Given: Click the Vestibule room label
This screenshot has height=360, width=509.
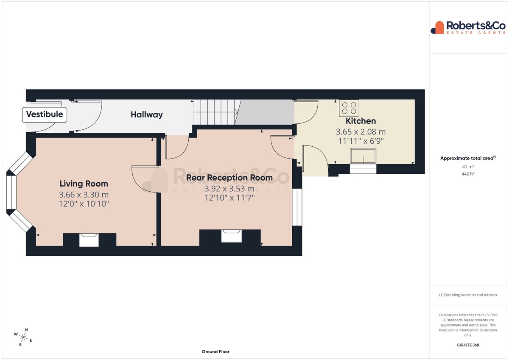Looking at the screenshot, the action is [45, 114].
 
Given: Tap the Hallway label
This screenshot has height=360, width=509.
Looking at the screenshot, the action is [147, 115].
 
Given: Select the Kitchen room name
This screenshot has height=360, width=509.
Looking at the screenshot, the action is [361, 121].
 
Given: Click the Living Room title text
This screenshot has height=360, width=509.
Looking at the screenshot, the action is [84, 184].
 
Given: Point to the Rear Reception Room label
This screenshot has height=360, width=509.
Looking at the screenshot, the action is [229, 178].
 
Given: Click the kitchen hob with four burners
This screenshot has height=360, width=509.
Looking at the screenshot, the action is [349, 108].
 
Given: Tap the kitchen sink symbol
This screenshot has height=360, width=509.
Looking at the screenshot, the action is [363, 156].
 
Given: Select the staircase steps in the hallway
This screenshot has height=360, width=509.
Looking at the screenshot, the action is [215, 112].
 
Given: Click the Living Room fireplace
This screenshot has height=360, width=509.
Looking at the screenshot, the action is [89, 240].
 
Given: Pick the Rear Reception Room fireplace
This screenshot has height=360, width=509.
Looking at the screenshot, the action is [231, 236].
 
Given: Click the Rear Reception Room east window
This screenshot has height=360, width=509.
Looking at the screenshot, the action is [297, 207].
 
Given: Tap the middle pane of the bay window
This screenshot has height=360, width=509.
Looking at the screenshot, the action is [11, 193].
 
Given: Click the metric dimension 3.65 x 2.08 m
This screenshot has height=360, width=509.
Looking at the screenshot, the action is [361, 132].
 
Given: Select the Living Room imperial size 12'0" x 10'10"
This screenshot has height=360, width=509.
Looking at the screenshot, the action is [84, 204].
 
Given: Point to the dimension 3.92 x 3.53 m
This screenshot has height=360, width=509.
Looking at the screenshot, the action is [229, 189].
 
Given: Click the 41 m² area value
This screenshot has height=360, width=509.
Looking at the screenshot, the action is [468, 167].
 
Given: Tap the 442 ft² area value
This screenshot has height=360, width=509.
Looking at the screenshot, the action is [468, 174].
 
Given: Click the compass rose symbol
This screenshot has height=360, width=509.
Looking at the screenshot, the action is [23, 337].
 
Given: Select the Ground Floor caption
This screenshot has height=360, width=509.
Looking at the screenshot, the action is [215, 352].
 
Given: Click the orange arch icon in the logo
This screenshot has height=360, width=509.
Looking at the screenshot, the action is [439, 28].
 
